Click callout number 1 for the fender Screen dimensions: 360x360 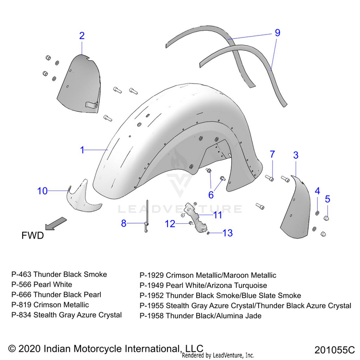(82, 150)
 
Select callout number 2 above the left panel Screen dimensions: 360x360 (82, 36)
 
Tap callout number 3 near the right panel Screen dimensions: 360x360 (296, 155)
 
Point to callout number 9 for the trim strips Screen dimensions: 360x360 (277, 33)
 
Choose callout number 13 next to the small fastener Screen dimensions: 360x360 (227, 233)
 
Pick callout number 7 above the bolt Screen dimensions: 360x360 (272, 154)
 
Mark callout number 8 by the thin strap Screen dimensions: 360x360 (124, 223)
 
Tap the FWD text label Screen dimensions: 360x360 (33, 236)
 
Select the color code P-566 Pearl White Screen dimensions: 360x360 (42, 285)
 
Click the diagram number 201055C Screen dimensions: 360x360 (335, 349)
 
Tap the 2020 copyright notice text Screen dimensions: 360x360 (106, 348)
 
